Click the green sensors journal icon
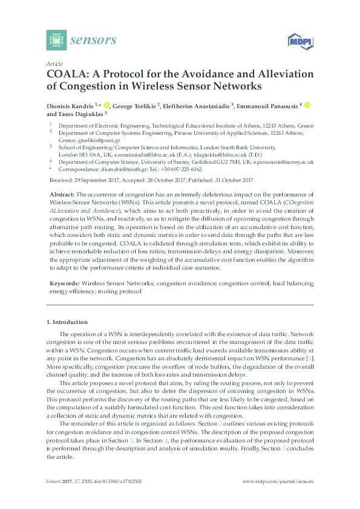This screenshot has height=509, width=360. click(x=56, y=40)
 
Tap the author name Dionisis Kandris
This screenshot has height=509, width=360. click(x=68, y=106)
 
